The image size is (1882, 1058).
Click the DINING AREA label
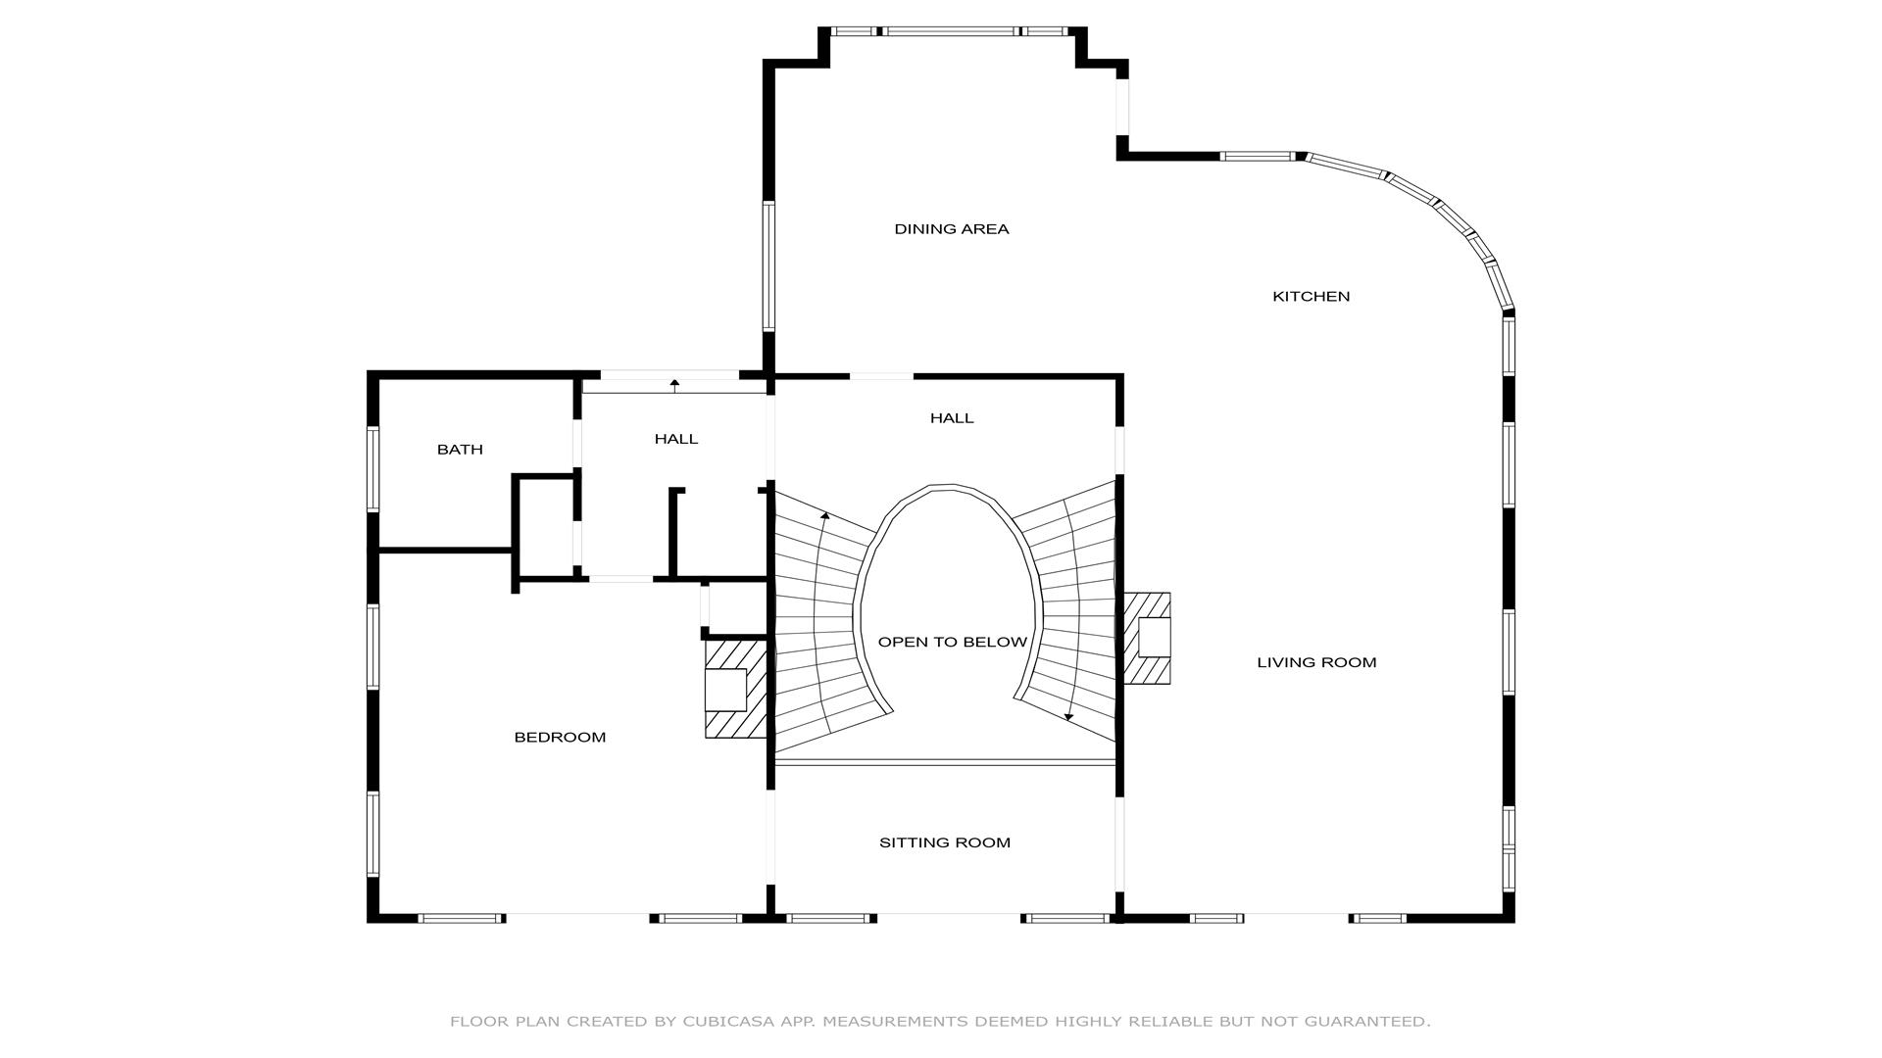coord(951,229)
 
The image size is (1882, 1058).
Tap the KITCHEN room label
coord(1311,296)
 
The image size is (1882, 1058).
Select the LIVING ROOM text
coord(1316,662)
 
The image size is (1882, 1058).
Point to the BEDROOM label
coord(560,737)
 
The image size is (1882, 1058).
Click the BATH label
coord(460,450)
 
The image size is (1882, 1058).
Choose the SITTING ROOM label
coord(944,842)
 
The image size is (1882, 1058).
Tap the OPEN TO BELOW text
coord(952,643)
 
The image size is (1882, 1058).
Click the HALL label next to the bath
coord(676,439)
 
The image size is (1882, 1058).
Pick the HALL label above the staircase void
coord(952,418)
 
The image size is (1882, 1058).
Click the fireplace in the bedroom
coord(735,689)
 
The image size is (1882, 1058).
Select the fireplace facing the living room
coord(1147,638)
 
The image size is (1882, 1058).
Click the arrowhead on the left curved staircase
coord(825,515)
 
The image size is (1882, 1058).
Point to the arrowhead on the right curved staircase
coord(1068,717)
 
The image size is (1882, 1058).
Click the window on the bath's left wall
coord(372,468)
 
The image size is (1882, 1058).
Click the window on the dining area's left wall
coord(768,266)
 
